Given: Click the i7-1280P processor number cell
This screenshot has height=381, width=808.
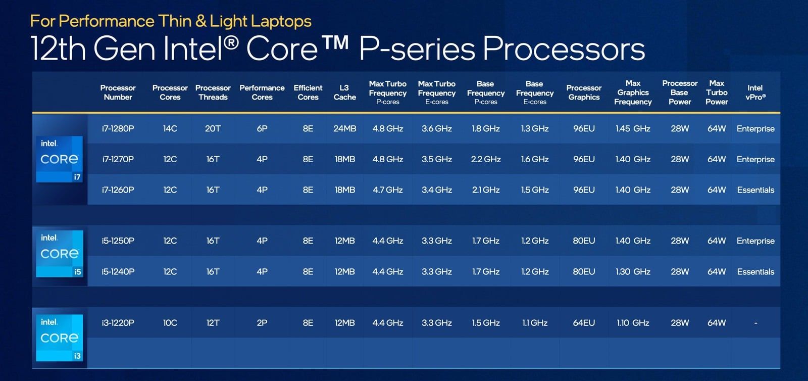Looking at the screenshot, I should click(118, 129).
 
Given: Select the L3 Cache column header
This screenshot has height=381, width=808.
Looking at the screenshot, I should click(344, 92).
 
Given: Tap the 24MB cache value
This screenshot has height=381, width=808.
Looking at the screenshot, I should click(344, 129).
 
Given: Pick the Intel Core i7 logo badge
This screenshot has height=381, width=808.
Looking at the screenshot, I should click(59, 159).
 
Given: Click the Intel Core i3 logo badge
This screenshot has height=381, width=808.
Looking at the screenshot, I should click(59, 338).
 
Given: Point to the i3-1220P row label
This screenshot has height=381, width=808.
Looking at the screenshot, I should click(118, 323).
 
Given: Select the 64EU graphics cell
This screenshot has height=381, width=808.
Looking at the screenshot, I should click(584, 323).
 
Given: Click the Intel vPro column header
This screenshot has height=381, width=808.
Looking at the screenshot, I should click(755, 92).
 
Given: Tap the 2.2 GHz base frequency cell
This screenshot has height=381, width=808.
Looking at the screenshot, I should click(485, 159).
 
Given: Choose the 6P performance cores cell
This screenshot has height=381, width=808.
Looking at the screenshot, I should click(262, 129).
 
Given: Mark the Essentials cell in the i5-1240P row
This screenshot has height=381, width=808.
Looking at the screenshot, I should click(755, 272).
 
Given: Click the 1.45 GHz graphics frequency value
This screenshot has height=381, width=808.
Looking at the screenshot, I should click(633, 129).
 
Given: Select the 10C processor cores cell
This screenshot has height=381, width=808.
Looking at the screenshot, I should click(170, 323).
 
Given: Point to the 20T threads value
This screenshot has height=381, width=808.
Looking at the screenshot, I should click(213, 129).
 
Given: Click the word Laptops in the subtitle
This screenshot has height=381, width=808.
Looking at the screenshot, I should click(281, 21).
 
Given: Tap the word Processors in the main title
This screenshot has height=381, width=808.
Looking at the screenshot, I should click(564, 49).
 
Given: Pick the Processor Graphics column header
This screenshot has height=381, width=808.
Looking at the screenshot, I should click(584, 92).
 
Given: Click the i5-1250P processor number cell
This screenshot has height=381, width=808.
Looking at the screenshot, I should click(118, 241).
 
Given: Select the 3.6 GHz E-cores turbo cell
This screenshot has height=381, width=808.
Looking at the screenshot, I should click(436, 129).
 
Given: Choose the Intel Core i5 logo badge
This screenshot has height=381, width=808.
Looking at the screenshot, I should click(59, 254).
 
